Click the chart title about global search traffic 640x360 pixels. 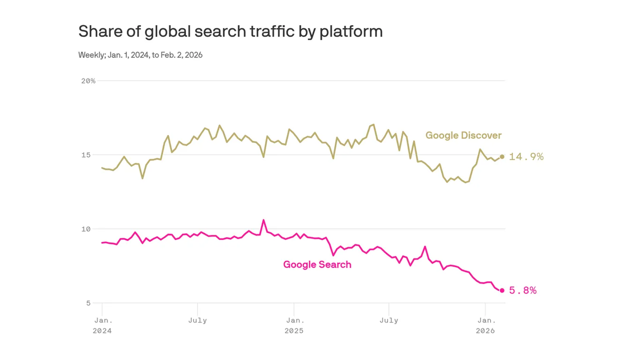[230, 31]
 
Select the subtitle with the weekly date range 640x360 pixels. [140, 55]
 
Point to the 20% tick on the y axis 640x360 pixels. [88, 81]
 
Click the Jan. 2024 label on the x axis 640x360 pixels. [102, 325]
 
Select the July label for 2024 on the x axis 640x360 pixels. [197, 320]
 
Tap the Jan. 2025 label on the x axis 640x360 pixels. [294, 325]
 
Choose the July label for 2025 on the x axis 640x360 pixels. [389, 320]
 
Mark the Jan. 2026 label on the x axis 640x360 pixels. [485, 325]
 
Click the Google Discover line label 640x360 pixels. [463, 135]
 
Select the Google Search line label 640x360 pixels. [317, 264]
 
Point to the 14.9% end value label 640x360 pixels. [526, 157]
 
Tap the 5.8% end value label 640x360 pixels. [522, 290]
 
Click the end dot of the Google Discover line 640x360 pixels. [502, 156]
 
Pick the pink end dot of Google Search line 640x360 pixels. [502, 290]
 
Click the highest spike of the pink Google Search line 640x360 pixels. [263, 220]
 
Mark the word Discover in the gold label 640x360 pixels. [482, 135]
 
